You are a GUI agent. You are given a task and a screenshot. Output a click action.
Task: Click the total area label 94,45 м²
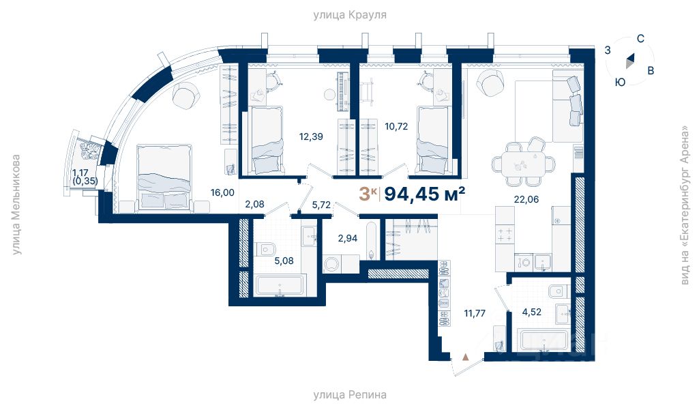click(425, 194)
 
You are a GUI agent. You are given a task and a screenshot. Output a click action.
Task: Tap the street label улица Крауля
click(349, 15)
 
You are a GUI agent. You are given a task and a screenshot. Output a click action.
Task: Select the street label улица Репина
click(349, 394)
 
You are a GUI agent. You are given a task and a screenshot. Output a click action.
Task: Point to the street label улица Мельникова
click(16, 205)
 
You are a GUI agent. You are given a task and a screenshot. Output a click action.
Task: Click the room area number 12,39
click(311, 136)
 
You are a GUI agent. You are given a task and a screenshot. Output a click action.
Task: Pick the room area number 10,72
click(396, 126)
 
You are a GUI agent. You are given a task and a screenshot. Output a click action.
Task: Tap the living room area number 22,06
click(526, 199)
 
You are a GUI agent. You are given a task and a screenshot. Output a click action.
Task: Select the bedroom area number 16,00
click(222, 192)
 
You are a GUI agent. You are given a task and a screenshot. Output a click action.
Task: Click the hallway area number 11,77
click(475, 313)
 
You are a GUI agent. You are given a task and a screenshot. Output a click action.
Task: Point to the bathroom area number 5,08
click(284, 261)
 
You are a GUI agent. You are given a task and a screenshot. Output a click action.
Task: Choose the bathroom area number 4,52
click(532, 312)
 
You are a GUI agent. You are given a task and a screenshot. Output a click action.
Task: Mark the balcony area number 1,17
click(80, 173)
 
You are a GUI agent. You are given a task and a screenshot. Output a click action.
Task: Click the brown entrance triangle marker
click(466, 357)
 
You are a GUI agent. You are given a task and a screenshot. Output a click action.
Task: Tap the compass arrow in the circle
click(630, 61)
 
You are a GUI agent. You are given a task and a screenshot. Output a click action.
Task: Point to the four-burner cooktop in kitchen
click(505, 234)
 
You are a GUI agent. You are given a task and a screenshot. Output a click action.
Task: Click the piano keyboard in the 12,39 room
click(342, 91)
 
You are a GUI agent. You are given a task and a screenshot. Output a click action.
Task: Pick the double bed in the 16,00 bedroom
click(165, 177)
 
